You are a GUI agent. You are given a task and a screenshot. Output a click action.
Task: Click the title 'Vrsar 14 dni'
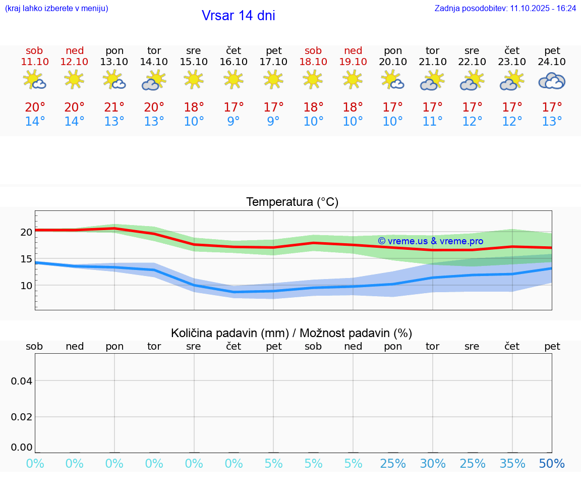(x=238, y=16)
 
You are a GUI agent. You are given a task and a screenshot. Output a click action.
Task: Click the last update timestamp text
(x=505, y=8)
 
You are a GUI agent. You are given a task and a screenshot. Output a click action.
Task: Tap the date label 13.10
(x=114, y=62)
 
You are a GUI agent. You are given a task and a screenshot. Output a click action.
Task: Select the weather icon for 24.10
(x=552, y=81)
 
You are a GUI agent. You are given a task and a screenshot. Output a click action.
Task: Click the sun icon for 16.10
(x=233, y=79)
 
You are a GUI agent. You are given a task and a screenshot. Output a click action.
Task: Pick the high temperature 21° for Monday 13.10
(x=114, y=107)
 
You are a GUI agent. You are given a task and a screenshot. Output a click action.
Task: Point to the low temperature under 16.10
(x=233, y=122)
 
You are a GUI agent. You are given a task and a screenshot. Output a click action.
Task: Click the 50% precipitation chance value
(x=552, y=464)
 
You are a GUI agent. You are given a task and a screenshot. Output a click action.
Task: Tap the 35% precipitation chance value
(x=512, y=464)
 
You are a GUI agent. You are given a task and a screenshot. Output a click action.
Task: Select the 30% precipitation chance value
(x=433, y=464)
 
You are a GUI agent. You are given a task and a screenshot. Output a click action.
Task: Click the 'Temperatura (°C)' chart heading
(x=292, y=202)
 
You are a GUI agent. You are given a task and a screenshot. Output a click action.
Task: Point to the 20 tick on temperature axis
(x=26, y=232)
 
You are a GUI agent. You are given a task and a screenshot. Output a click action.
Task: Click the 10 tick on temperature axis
(x=26, y=286)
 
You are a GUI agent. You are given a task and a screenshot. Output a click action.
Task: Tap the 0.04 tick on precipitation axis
(x=22, y=381)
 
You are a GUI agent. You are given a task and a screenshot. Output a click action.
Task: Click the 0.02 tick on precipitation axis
(x=22, y=417)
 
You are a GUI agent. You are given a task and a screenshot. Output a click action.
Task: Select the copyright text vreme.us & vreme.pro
(x=430, y=241)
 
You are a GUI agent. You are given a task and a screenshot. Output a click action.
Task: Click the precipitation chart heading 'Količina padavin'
(x=292, y=333)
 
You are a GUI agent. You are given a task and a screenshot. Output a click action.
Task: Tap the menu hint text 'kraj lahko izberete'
(x=56, y=8)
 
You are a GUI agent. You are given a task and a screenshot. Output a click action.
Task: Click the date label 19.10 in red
(x=353, y=62)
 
